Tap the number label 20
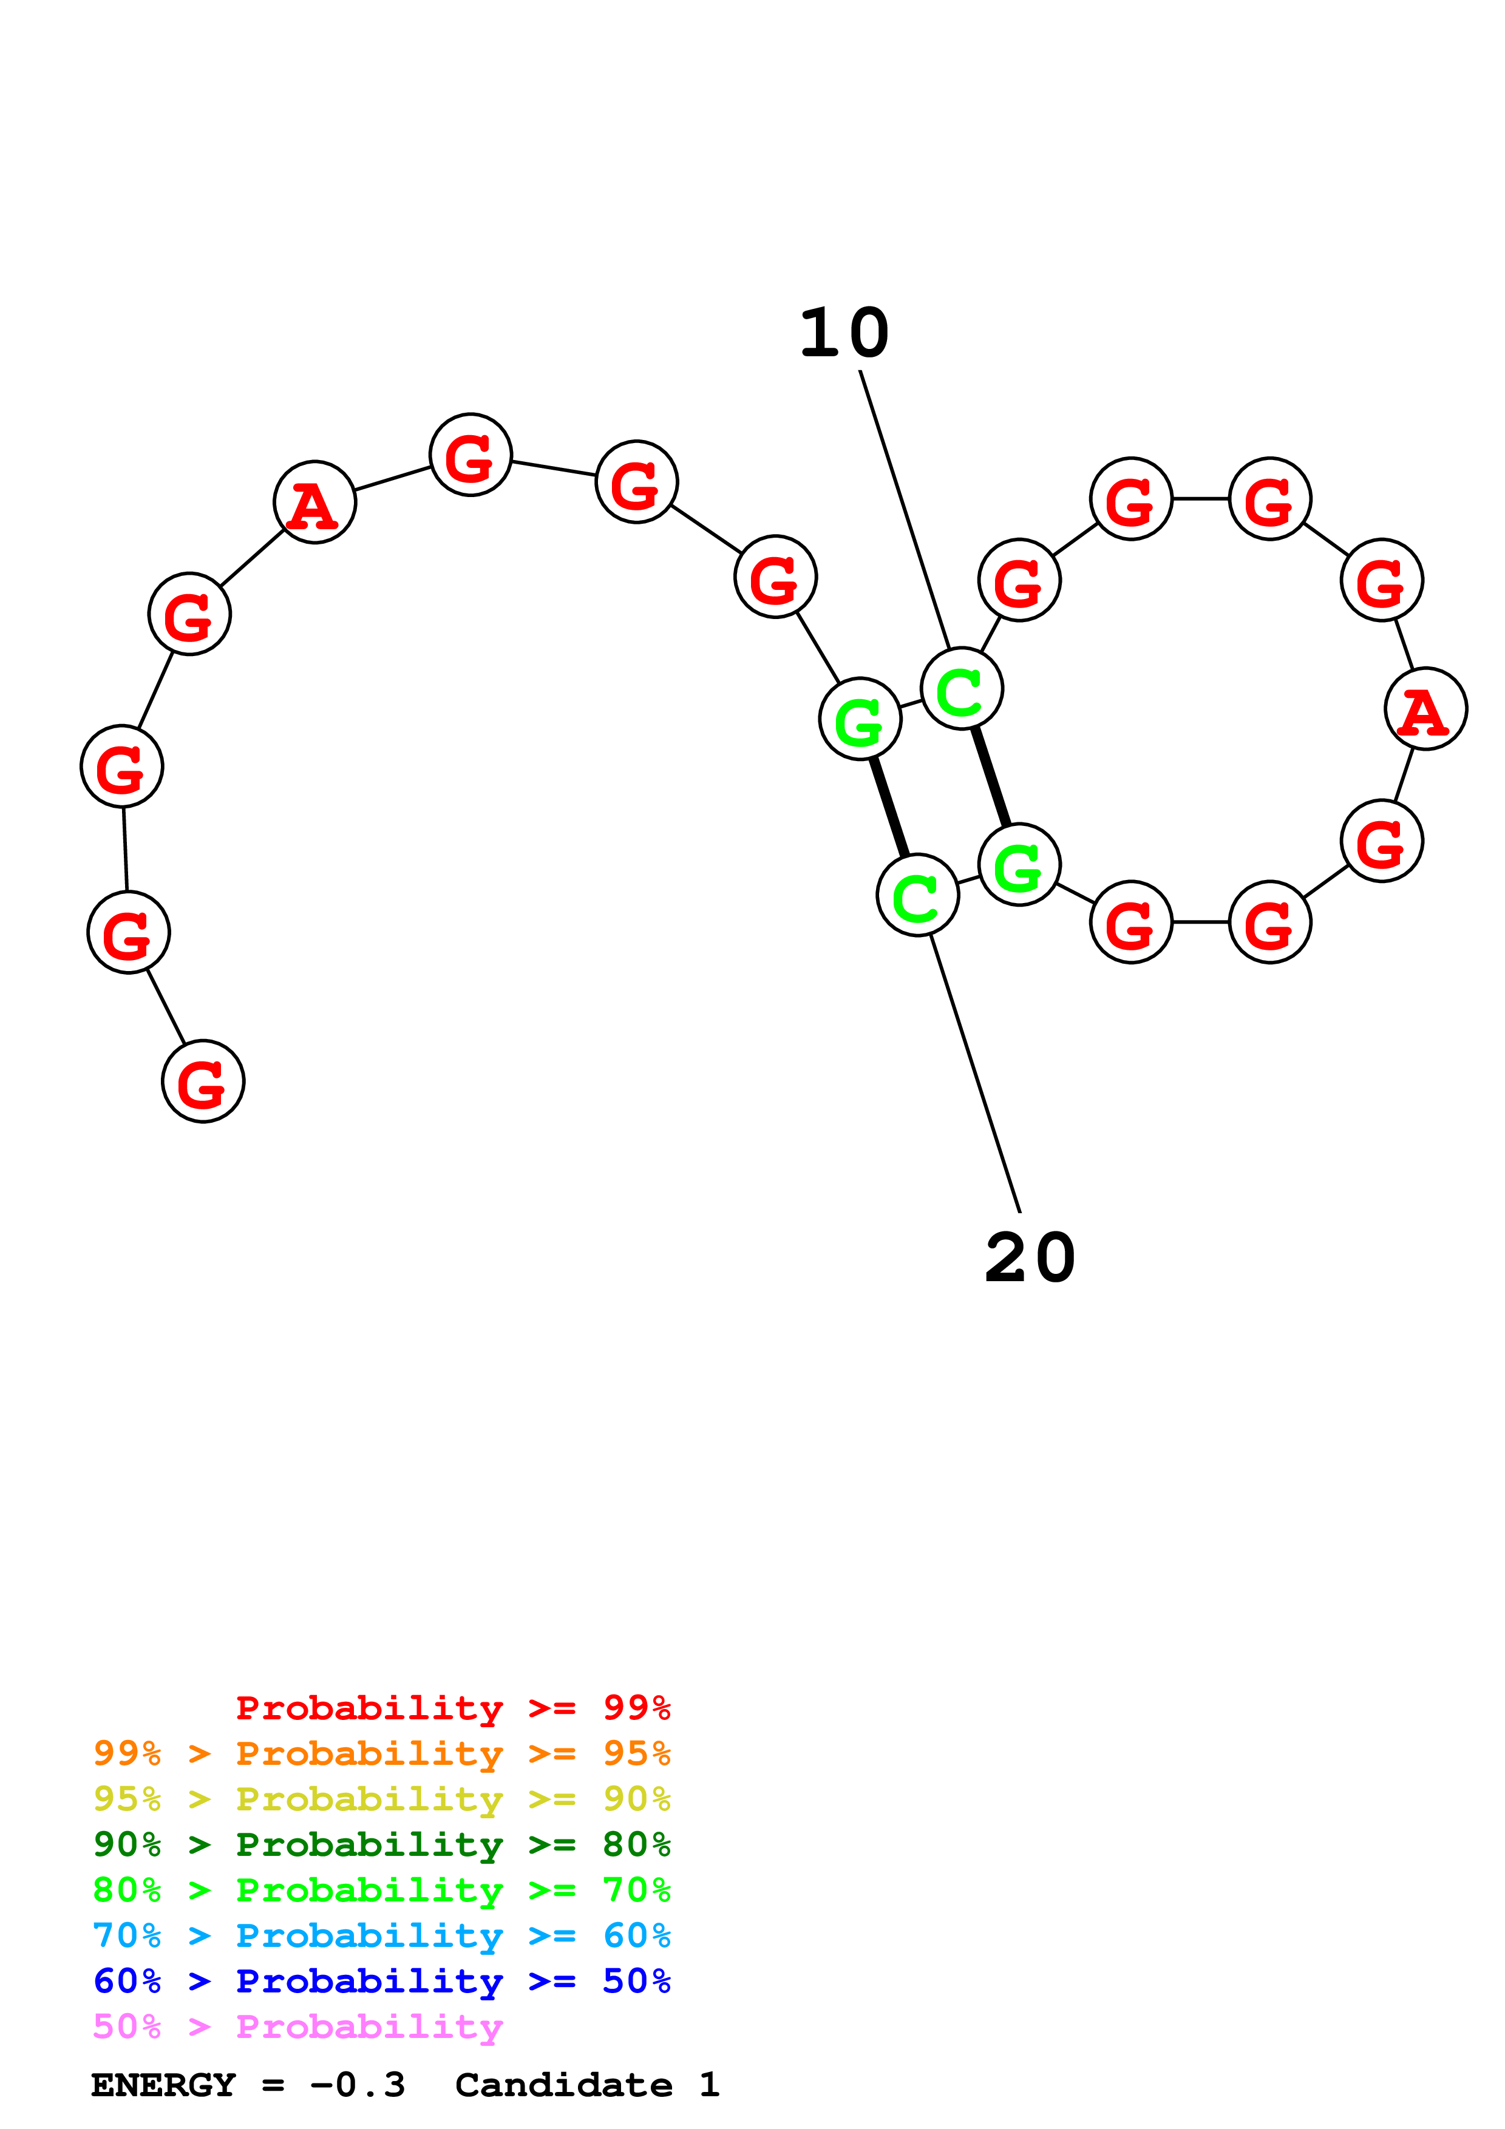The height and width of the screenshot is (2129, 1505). point(1029,1259)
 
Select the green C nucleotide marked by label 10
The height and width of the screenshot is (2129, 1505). point(962,689)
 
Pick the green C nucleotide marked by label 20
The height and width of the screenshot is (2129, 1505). point(917,896)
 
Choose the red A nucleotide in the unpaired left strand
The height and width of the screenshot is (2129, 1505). point(314,503)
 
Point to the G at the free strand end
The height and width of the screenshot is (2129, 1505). point(203,1081)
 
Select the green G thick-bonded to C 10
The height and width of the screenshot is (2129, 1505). point(1019,864)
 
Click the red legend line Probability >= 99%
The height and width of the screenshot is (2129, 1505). point(452,1707)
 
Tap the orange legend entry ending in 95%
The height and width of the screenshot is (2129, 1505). point(381,1753)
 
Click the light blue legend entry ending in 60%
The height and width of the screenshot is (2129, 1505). point(381,1935)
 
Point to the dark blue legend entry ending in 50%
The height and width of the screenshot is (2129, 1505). point(381,1981)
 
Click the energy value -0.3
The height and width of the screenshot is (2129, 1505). point(357,2085)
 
